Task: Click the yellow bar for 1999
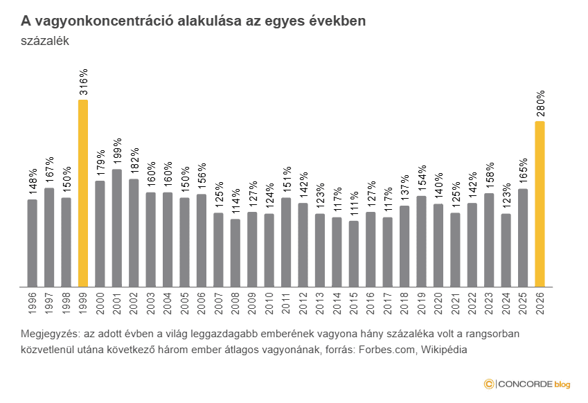click(83, 193)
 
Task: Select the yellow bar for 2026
click(540, 204)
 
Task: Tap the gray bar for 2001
click(117, 228)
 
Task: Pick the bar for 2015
click(354, 253)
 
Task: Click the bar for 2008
click(235, 253)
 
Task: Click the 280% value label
click(541, 103)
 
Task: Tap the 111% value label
click(355, 203)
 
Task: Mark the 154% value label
click(422, 178)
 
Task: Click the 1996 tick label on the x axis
click(33, 303)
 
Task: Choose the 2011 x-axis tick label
click(287, 303)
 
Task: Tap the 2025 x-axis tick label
click(524, 303)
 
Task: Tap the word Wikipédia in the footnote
click(443, 350)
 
